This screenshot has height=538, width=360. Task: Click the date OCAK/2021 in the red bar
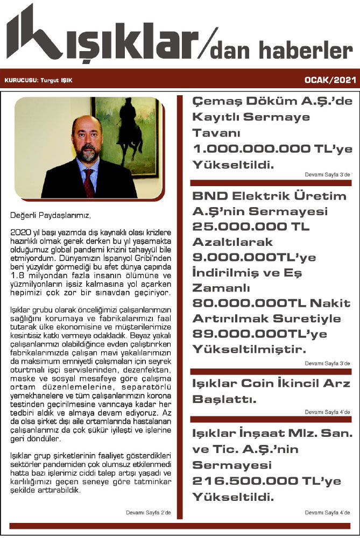pyautogui.click(x=330, y=80)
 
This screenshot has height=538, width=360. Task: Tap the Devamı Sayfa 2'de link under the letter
pyautogui.click(x=148, y=512)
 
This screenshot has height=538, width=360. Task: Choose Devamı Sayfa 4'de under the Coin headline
pyautogui.click(x=327, y=412)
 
